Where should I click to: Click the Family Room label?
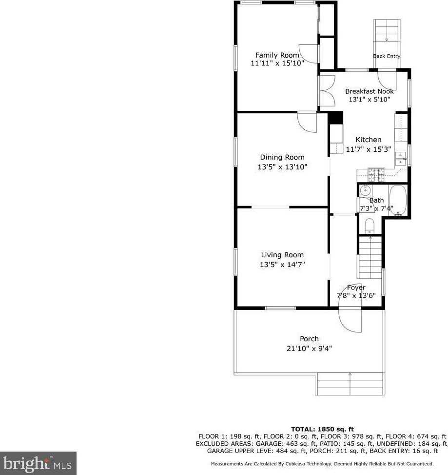(x=277, y=55)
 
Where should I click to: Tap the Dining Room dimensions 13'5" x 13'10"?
(x=282, y=166)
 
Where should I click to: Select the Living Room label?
(x=282, y=255)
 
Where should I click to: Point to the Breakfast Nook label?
(x=369, y=91)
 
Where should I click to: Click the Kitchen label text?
(x=368, y=140)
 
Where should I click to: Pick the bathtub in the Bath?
(x=398, y=200)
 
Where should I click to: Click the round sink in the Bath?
(x=365, y=190)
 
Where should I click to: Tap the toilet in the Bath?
(x=369, y=225)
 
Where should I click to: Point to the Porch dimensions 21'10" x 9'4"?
(x=309, y=349)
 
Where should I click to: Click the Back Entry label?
(x=386, y=56)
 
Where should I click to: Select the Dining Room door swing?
(x=308, y=122)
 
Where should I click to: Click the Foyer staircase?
(x=370, y=257)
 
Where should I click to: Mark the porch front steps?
(x=350, y=384)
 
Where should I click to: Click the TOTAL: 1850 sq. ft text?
(x=322, y=428)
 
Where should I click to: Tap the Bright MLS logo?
(x=38, y=461)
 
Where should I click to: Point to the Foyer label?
(x=356, y=288)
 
